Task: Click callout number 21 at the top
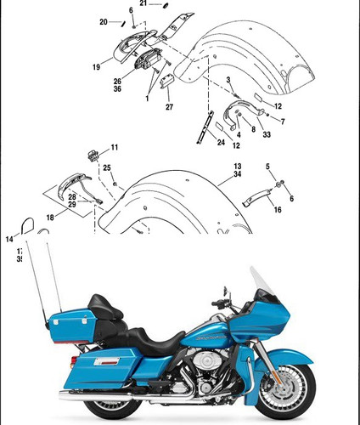click(143, 4)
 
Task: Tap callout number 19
click(97, 65)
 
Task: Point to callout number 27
click(169, 107)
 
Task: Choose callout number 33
click(267, 134)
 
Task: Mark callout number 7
click(283, 122)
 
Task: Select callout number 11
click(115, 148)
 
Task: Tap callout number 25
click(107, 168)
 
